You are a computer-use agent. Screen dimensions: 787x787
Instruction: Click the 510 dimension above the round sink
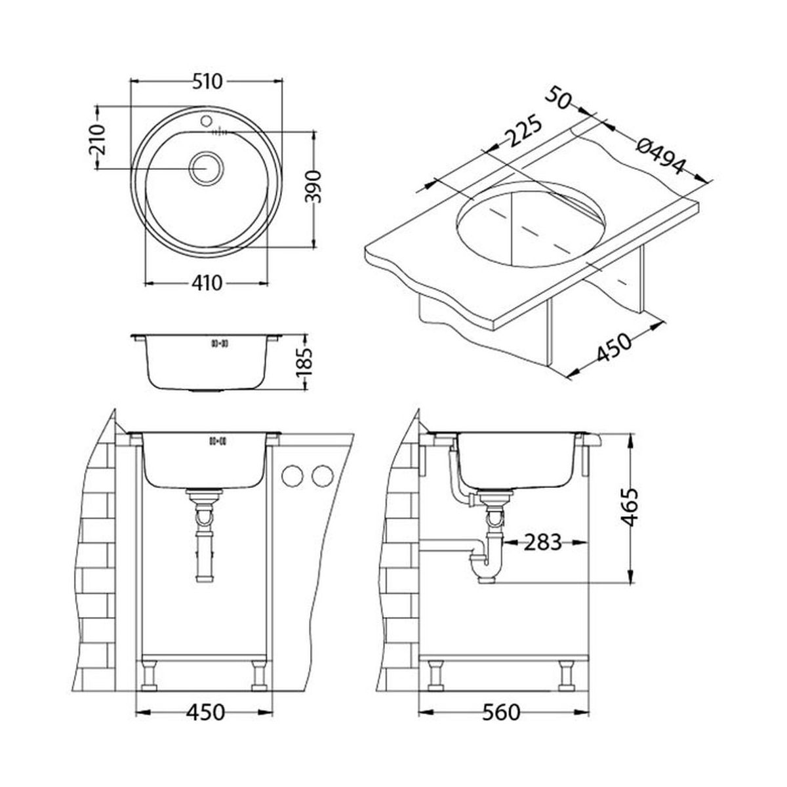pyautogui.click(x=207, y=82)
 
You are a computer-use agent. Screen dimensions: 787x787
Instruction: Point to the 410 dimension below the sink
pyautogui.click(x=207, y=283)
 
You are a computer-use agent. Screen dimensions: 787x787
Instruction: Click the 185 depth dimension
pyautogui.click(x=304, y=361)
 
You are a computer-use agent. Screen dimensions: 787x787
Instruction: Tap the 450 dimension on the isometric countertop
pyautogui.click(x=614, y=347)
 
